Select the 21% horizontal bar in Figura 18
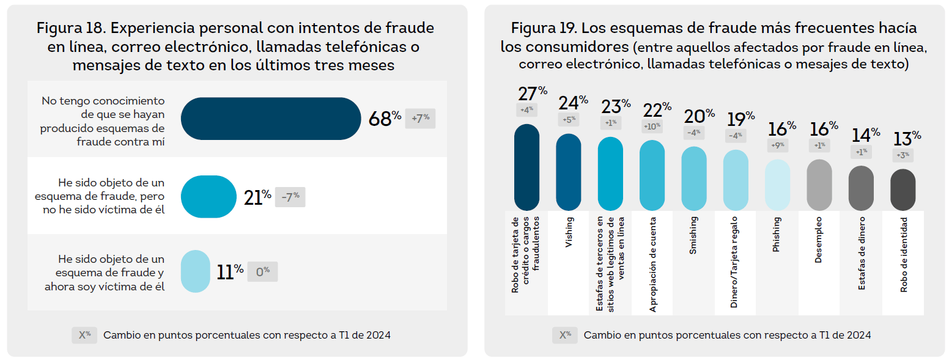209,197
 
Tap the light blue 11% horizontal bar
196,271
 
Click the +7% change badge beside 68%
420,118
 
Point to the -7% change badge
290,197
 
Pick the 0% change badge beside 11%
262,271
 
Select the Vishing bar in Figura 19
568,172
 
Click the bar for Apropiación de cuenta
652,175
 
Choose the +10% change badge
651,127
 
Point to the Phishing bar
777,185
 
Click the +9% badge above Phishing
777,145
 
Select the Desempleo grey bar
819,185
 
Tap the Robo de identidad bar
903,189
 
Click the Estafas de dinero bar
861,188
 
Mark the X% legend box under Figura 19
564,335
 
